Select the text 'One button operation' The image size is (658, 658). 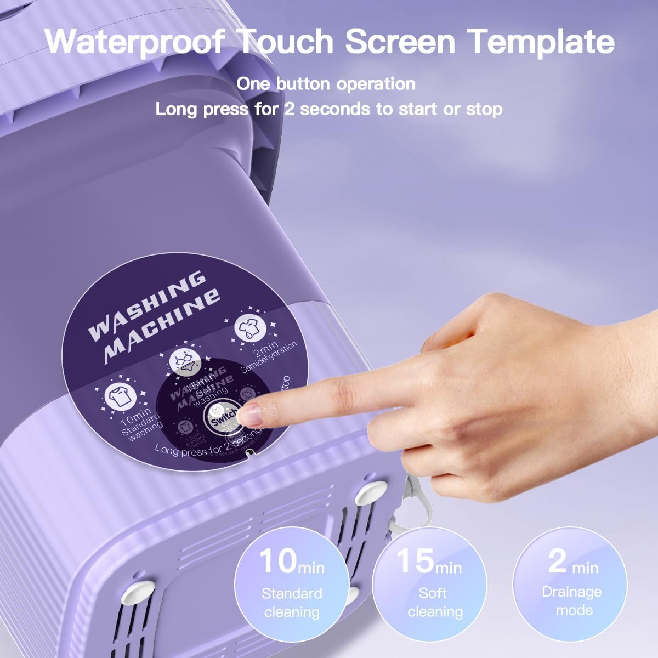coord(326,84)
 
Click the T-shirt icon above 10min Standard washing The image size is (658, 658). coord(119,396)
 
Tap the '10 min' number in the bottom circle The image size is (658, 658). coord(291,561)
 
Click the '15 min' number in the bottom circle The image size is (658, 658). coord(428,561)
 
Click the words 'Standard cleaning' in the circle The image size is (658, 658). coord(292,603)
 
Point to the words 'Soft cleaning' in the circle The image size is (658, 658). coord(435,602)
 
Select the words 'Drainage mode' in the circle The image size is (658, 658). coord(572,601)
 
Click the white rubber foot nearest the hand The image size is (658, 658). coord(371,491)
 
